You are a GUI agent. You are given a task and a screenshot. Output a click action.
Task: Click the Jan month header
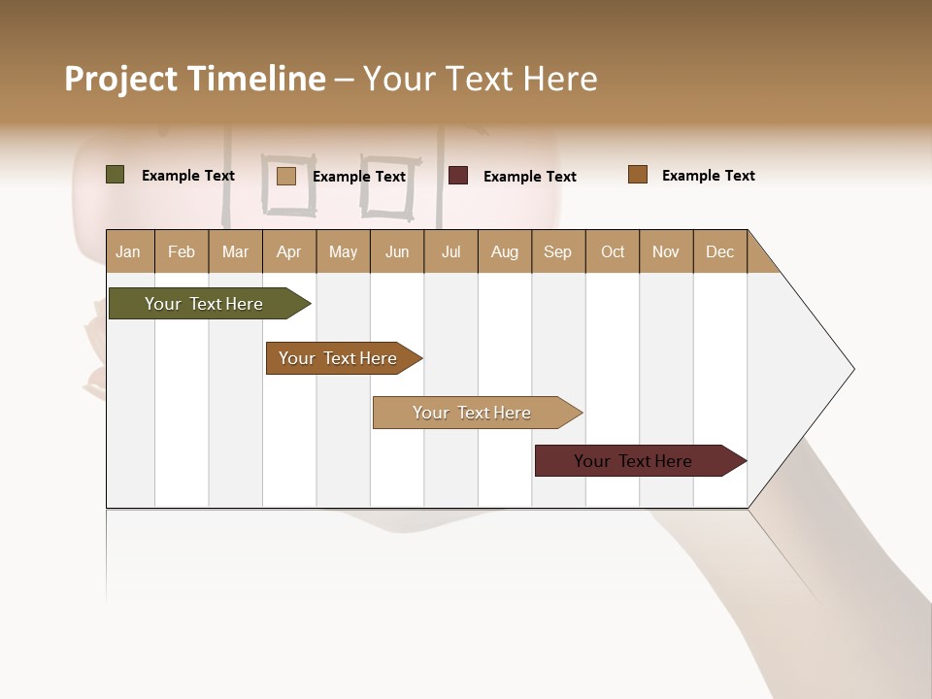pos(129,251)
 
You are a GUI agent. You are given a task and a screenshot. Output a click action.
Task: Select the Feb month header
pos(182,251)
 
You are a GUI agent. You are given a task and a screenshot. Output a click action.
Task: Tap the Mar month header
pos(235,251)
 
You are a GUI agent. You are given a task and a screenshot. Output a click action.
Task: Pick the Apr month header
pos(289,251)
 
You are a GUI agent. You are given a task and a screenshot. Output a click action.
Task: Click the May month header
pos(343,251)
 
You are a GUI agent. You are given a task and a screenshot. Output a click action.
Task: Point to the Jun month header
pos(397,251)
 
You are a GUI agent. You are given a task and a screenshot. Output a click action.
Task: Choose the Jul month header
pos(450,251)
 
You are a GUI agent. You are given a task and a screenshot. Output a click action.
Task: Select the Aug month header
pos(505,251)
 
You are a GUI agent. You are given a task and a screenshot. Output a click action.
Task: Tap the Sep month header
pos(558,251)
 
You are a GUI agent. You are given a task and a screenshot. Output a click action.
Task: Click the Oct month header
pos(613,251)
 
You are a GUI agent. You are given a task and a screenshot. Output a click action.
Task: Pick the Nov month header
pos(666,251)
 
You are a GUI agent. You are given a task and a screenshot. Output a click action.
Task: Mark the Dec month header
pos(720,251)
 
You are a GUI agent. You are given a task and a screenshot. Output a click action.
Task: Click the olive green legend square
pos(116,175)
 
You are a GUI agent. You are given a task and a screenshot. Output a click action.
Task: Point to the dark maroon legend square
pos(458,175)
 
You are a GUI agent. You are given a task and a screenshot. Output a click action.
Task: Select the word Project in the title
pos(120,79)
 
